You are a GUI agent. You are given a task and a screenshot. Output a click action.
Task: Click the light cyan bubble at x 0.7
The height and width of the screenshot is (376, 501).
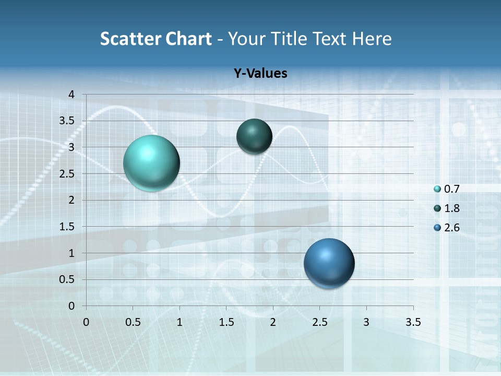click(152, 163)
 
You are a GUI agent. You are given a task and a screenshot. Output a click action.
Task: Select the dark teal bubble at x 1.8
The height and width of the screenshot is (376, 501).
click(254, 136)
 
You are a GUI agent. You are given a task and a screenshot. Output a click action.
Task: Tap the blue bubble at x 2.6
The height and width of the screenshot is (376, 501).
click(329, 263)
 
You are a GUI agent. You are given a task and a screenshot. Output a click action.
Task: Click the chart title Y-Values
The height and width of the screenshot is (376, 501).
click(260, 74)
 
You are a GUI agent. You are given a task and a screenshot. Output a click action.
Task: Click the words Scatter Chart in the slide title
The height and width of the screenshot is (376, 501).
click(156, 39)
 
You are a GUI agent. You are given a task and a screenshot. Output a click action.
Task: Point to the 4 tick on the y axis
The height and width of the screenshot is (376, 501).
click(71, 95)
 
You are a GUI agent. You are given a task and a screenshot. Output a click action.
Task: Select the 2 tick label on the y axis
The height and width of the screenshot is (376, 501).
click(71, 200)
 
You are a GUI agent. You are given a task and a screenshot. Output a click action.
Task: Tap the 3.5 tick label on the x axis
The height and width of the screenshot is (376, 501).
click(413, 322)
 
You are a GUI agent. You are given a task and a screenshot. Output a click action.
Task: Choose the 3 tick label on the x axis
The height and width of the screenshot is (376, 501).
click(366, 322)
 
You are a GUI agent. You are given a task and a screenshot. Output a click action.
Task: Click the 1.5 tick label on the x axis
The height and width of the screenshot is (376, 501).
click(226, 322)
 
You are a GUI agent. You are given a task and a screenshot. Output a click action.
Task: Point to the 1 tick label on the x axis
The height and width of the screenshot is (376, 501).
click(180, 322)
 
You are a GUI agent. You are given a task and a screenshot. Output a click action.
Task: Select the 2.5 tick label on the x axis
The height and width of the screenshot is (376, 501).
click(319, 322)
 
